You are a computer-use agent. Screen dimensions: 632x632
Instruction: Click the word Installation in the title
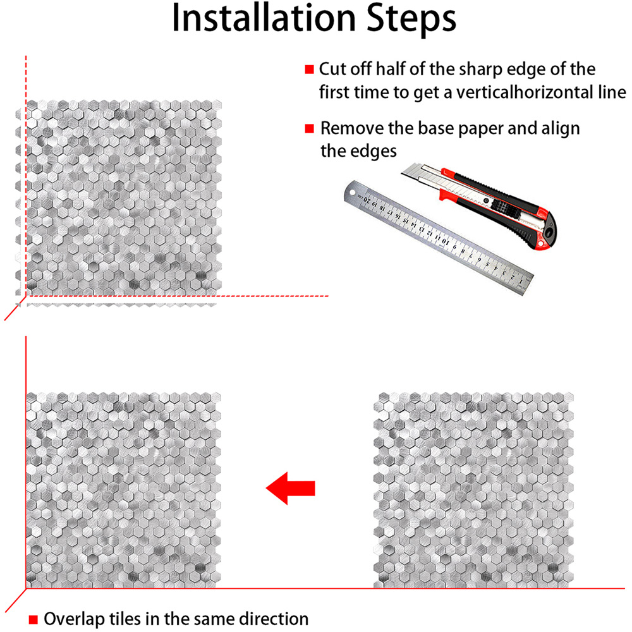click(x=264, y=18)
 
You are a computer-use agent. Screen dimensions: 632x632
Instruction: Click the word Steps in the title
click(x=411, y=20)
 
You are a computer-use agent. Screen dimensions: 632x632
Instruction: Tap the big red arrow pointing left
click(x=290, y=488)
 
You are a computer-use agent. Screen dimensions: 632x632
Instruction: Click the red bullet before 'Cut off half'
click(x=309, y=70)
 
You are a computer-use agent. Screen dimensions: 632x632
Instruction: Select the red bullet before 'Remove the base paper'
click(x=309, y=128)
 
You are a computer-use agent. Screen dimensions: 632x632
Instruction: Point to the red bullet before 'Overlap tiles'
click(x=33, y=619)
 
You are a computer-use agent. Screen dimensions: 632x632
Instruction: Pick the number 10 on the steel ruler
click(x=444, y=241)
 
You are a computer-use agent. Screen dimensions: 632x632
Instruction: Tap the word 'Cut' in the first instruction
click(x=332, y=70)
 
